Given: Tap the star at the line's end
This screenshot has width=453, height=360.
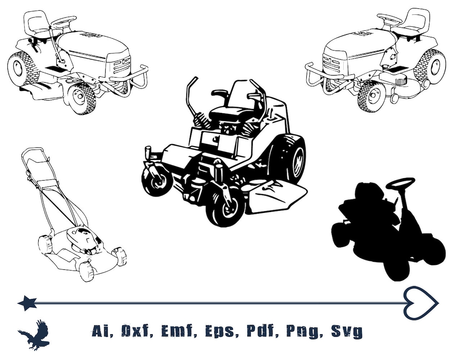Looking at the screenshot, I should (x=27, y=303).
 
